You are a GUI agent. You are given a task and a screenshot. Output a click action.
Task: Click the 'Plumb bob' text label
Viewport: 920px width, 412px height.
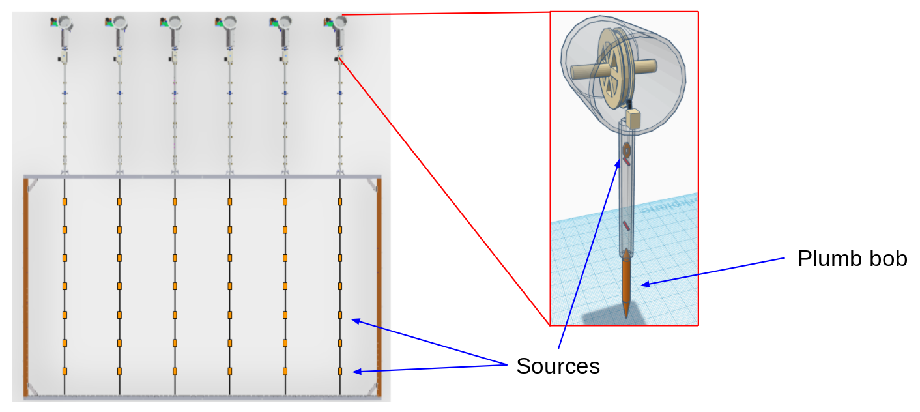pyautogui.click(x=852, y=259)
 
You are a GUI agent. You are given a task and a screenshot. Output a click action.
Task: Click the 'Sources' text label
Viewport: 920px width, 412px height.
pyautogui.click(x=558, y=366)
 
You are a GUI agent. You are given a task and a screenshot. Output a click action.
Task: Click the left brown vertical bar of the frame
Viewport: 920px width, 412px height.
pyautogui.click(x=26, y=287)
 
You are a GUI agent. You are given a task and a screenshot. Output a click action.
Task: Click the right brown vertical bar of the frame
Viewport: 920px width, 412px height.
pyautogui.click(x=379, y=287)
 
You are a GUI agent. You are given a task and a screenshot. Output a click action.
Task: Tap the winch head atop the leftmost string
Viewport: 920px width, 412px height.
pyautogui.click(x=64, y=23)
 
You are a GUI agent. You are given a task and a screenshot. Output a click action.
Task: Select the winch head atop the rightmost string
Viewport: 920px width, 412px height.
pyautogui.click(x=338, y=23)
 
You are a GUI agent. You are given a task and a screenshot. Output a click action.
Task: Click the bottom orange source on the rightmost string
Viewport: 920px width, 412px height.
pyautogui.click(x=340, y=371)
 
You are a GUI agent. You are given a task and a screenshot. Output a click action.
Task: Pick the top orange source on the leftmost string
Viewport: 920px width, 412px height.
pyautogui.click(x=65, y=201)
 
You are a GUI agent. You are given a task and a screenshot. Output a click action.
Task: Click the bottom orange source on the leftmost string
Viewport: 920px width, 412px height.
pyautogui.click(x=65, y=371)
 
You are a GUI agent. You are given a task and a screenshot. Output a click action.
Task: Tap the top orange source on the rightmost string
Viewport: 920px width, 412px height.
pyautogui.click(x=340, y=201)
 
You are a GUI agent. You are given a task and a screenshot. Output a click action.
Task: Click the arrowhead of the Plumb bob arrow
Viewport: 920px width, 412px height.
pyautogui.click(x=642, y=284)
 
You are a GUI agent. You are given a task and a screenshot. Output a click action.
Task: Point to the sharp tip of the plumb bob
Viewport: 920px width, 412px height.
pyautogui.click(x=627, y=316)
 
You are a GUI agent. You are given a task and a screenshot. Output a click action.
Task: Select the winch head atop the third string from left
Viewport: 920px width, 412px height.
pyautogui.click(x=173, y=23)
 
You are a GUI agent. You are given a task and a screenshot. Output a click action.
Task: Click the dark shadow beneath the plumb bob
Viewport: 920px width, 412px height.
pyautogui.click(x=612, y=317)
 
